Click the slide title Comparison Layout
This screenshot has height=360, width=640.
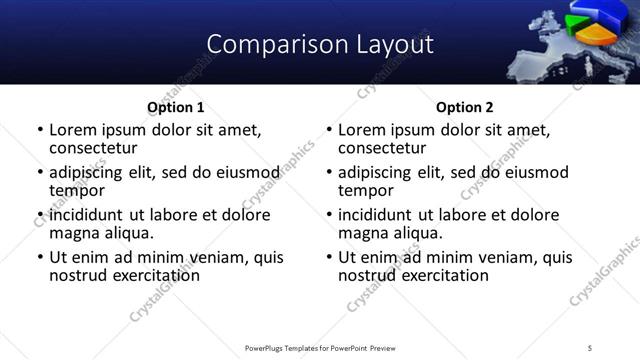(x=320, y=44)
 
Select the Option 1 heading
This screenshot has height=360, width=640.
(x=176, y=107)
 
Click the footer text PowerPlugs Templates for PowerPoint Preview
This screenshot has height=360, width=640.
(x=320, y=347)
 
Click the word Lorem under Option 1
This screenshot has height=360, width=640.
(x=72, y=130)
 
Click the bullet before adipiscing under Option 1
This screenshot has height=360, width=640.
(x=39, y=173)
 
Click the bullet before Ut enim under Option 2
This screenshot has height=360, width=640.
(x=328, y=257)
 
